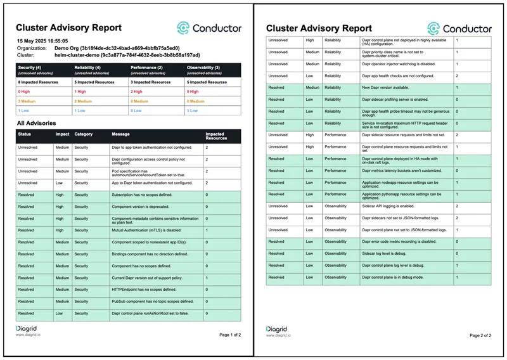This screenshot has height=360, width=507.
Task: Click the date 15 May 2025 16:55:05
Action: pyautogui.click(x=42, y=41)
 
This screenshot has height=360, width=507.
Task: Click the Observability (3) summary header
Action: pyautogui.click(x=204, y=67)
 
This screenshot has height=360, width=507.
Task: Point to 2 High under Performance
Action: pyautogui.click(x=137, y=91)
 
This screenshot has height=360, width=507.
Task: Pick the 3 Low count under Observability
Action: pyautogui.click(x=193, y=110)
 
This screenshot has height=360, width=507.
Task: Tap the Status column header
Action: pyautogui.click(x=25, y=134)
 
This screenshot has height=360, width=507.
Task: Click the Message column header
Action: pyautogui.click(x=121, y=134)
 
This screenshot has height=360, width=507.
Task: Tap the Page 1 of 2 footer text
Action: pyautogui.click(x=230, y=335)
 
